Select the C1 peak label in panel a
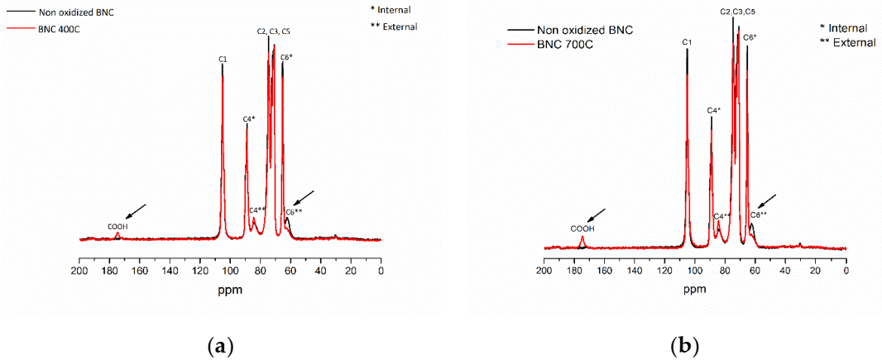coord(223,59)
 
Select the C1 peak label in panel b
coord(687,41)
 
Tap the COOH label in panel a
coord(117,226)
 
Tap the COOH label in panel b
coord(582,228)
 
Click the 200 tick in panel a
coord(79,248)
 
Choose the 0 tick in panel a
coord(381,248)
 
